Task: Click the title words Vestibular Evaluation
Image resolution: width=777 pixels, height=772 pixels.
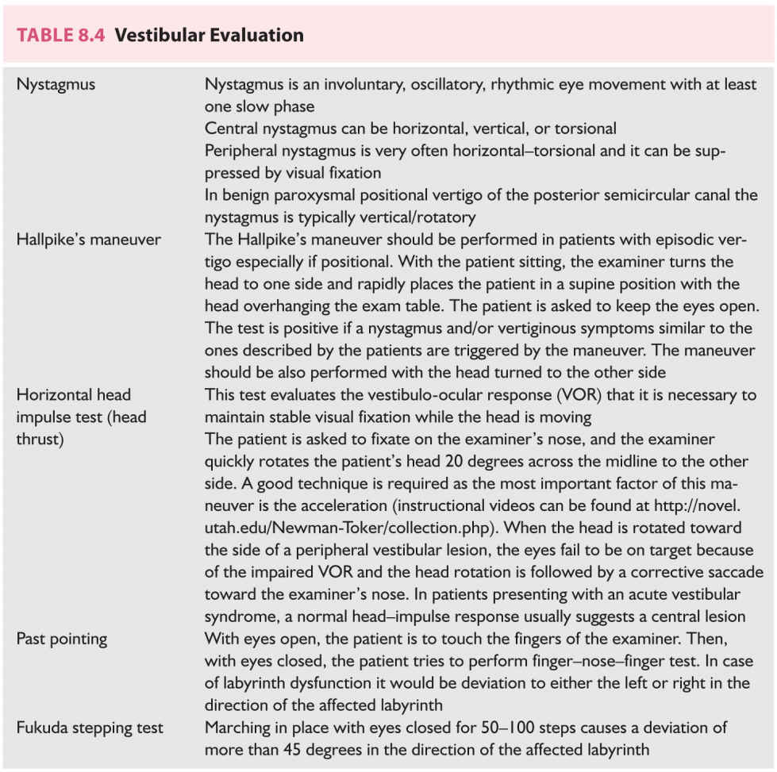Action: pos(209,36)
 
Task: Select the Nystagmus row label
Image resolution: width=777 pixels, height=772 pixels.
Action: pos(56,84)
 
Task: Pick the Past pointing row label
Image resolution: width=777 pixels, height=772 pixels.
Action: pos(62,638)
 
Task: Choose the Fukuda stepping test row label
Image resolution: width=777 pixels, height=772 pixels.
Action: pos(90,727)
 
